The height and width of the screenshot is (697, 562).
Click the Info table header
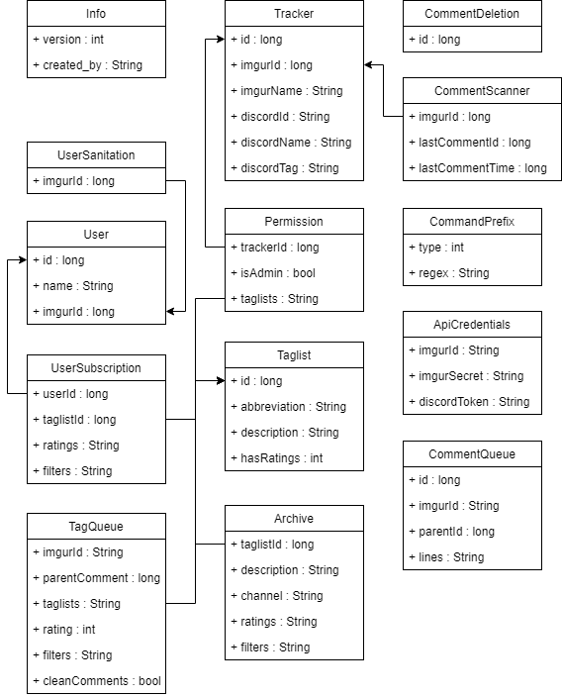pyautogui.click(x=96, y=14)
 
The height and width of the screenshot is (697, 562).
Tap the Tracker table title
pyautogui.click(x=294, y=14)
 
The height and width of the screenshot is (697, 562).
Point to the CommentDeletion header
pyautogui.click(x=472, y=14)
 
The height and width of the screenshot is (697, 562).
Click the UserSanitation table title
pyautogui.click(x=96, y=155)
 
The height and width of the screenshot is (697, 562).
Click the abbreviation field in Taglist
pyautogui.click(x=288, y=407)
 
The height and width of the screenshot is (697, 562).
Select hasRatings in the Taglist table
pyautogui.click(x=276, y=458)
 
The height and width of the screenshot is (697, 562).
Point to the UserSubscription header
pyautogui.click(x=96, y=368)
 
